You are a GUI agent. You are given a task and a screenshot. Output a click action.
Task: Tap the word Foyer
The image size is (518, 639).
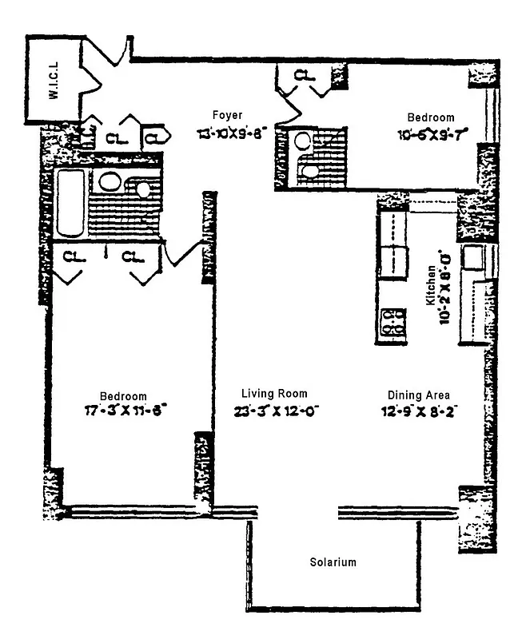227,115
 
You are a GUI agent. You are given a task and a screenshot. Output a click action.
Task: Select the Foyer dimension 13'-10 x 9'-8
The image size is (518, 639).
232,133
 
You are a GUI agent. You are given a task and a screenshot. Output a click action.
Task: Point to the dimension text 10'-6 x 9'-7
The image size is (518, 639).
434,134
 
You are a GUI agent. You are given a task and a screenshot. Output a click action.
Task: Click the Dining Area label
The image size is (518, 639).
418,395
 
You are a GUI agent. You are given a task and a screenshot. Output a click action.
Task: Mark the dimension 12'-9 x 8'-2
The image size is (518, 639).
418,412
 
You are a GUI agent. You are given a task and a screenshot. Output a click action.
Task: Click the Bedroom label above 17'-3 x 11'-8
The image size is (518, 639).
123,396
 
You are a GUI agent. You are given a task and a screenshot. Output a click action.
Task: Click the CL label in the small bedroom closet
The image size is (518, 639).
304,75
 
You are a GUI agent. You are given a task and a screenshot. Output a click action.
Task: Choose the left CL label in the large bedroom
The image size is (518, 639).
74,257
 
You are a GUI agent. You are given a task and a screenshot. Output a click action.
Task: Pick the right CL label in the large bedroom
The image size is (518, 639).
132,257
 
